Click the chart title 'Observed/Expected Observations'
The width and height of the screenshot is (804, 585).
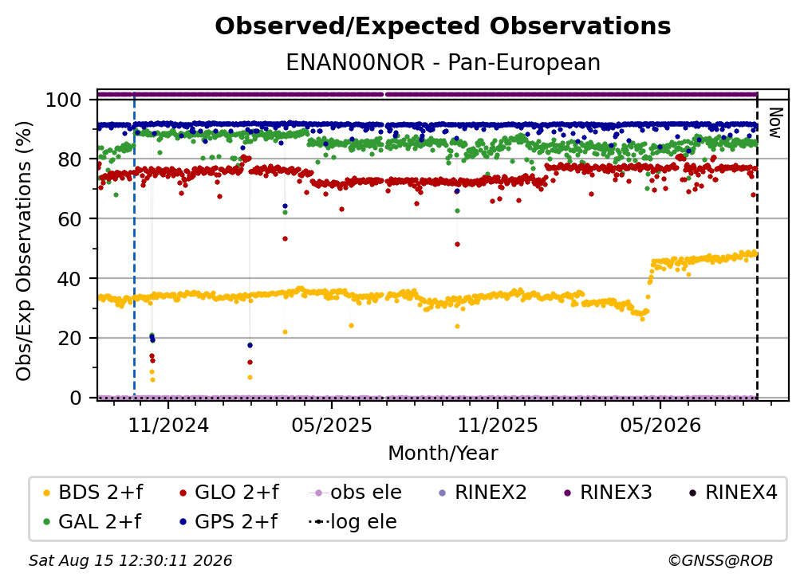[443, 26]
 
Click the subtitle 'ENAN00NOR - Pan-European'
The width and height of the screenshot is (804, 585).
[443, 63]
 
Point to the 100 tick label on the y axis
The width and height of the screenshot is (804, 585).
[64, 100]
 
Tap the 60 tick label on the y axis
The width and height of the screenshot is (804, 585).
[69, 219]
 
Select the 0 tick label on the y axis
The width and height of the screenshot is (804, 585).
[76, 398]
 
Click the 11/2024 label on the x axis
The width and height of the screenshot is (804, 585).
[168, 425]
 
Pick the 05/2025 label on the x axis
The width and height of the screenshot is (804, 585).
[332, 425]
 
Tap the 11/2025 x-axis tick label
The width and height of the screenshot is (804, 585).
[498, 425]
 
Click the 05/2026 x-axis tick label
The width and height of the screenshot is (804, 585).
[660, 425]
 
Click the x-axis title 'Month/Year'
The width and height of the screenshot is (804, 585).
[443, 453]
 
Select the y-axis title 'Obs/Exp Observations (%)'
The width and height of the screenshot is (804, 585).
[24, 251]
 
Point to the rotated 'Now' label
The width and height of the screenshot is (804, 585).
[774, 123]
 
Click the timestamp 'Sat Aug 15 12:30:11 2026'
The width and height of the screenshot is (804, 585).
[130, 561]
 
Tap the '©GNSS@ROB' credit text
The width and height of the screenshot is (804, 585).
[720, 561]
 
